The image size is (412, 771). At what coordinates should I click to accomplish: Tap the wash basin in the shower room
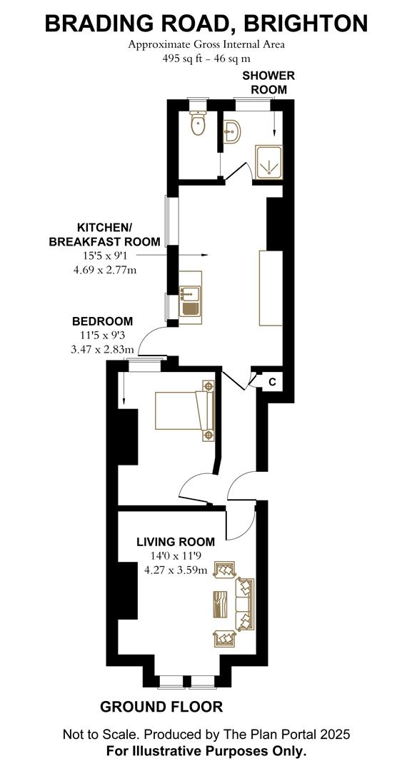(233, 131)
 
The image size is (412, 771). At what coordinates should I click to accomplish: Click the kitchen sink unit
(191, 298)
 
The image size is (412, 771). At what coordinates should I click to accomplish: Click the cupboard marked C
(272, 382)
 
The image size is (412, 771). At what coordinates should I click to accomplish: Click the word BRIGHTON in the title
(306, 24)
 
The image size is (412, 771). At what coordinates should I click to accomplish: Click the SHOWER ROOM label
(268, 82)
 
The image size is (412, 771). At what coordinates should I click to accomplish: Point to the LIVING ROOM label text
(176, 542)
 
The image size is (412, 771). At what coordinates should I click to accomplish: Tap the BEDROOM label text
(101, 321)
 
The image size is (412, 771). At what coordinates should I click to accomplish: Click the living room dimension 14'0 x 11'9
(176, 555)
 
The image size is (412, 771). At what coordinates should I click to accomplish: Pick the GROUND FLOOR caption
(161, 707)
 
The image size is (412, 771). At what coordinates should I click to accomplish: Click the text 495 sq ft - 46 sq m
(206, 58)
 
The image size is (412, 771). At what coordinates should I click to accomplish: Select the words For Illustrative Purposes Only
(206, 750)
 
